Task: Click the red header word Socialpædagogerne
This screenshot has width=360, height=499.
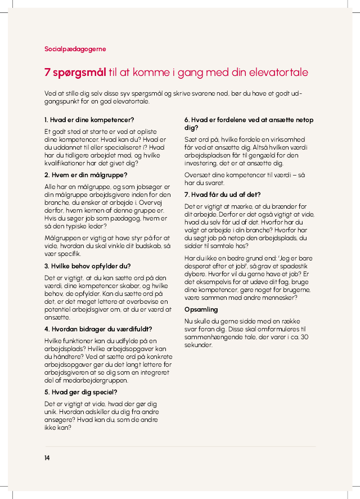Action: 75,49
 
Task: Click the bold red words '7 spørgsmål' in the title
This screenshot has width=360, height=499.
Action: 75,73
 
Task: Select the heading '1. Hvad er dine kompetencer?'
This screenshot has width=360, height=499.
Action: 89,120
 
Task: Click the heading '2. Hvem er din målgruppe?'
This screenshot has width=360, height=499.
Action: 86,175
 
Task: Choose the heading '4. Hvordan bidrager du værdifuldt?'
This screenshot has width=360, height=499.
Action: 98,329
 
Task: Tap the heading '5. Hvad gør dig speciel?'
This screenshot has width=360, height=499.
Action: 80,392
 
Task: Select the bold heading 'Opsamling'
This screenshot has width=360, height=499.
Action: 201,309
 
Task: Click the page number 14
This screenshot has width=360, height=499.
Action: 47,458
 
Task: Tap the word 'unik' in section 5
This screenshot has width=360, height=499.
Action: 51,412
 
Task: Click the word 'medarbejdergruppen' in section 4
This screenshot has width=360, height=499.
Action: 86,380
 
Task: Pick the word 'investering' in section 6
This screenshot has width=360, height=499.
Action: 203,163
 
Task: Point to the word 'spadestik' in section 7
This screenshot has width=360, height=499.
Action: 294,266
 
